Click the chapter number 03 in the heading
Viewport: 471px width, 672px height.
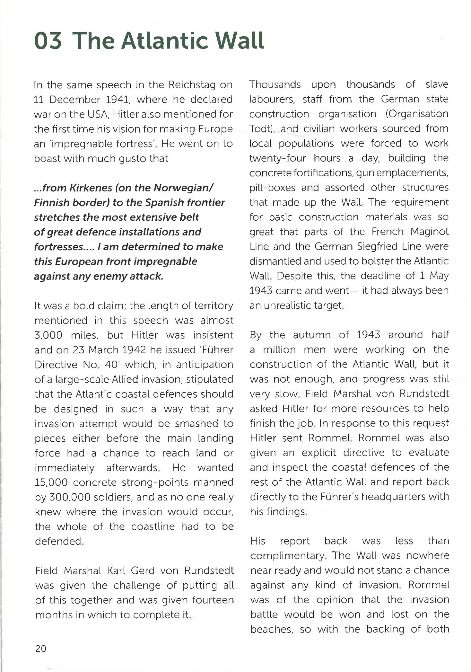coord(48,41)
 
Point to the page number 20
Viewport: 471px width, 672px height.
coord(41,648)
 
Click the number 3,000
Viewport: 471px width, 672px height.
coord(48,335)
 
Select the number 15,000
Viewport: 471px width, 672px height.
coord(51,482)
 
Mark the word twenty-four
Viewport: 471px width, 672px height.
coord(277,158)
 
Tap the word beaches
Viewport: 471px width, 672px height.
coord(271,629)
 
